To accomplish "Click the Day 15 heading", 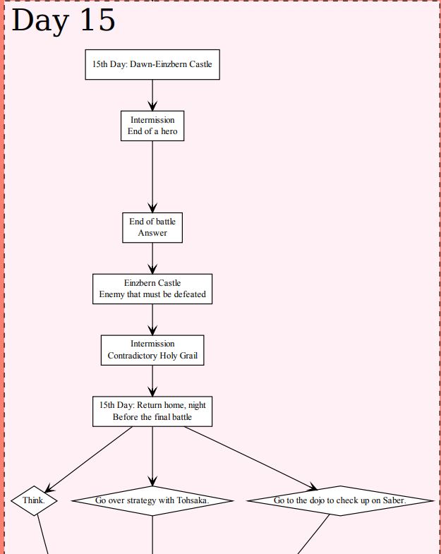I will coord(64,20).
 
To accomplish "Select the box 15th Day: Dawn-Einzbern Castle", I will coord(152,64).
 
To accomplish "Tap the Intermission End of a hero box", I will coord(152,126).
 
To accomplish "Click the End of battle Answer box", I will coord(152,227).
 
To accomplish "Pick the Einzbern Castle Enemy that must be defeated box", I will coord(152,289).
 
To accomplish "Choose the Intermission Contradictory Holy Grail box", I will coord(152,350).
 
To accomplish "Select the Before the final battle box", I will coord(152,411).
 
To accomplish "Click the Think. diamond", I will coord(34,500).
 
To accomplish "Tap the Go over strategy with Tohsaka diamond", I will coord(152,500).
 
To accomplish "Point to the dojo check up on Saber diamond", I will coord(339,500).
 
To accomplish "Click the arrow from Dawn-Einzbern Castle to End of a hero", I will coord(152,95).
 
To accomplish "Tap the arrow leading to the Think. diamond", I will coord(88,459).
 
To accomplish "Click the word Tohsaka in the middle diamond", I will coord(192,500).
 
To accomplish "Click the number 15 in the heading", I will coord(97,20).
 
